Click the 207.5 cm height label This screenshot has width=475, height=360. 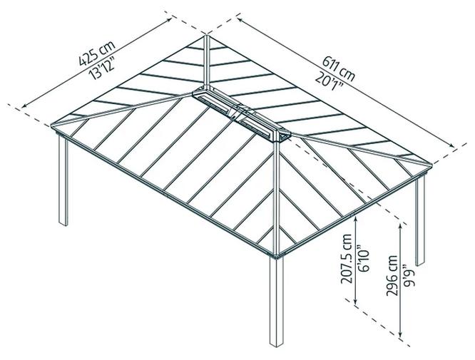(347, 259)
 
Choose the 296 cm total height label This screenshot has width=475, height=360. (391, 272)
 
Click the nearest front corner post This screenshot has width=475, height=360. (275, 307)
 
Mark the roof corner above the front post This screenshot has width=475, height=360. (275, 251)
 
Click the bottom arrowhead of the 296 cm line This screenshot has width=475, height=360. (404, 334)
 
